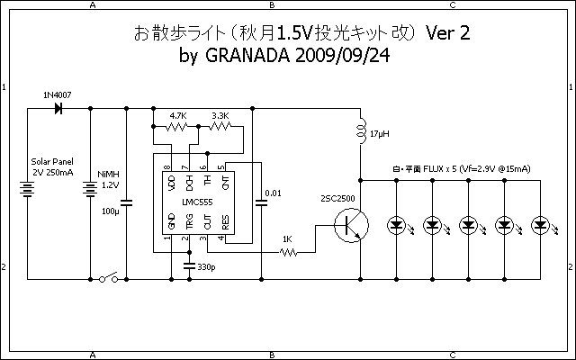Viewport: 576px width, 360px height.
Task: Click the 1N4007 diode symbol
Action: tap(59, 108)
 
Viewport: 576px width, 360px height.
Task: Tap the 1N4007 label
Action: tap(57, 94)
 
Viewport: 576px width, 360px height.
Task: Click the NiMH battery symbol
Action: tap(91, 191)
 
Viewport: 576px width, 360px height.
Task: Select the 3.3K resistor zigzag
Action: tap(220, 127)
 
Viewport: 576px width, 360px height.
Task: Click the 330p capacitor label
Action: tap(206, 268)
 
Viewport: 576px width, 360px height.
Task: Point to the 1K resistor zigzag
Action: tap(287, 253)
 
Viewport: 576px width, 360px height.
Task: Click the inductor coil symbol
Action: tap(360, 132)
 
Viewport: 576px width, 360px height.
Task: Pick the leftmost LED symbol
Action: tap(396, 224)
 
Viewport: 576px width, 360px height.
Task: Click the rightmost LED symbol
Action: tap(540, 224)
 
